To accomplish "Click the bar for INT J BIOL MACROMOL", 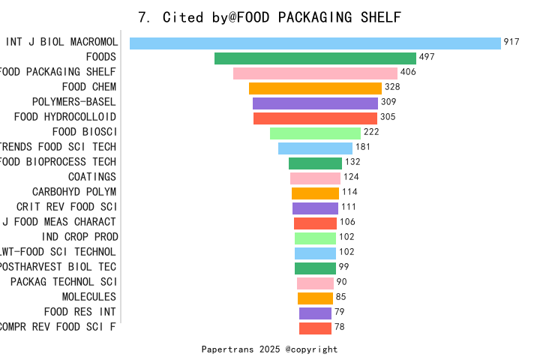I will [x=315, y=43].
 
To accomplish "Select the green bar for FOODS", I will [x=315, y=58].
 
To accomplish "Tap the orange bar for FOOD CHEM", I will [x=315, y=88].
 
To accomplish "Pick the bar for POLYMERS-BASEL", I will [x=315, y=103].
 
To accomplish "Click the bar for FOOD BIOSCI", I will [x=315, y=133].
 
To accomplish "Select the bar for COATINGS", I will [x=315, y=178].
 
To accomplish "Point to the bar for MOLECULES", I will [x=315, y=298].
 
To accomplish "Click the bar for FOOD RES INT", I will [x=315, y=313].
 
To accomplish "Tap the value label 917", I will [x=511, y=43].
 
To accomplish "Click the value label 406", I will [x=408, y=73].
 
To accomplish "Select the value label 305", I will [x=388, y=117].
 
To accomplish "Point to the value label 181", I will [x=363, y=147].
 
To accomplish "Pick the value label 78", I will [x=340, y=327].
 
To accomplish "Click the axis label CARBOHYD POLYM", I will [x=74, y=192].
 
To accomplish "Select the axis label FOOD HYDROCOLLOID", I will [x=65, y=117].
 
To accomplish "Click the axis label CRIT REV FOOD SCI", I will [x=66, y=207].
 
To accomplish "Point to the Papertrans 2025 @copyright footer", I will [x=270, y=349].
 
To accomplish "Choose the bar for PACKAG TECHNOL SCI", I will [x=315, y=283].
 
